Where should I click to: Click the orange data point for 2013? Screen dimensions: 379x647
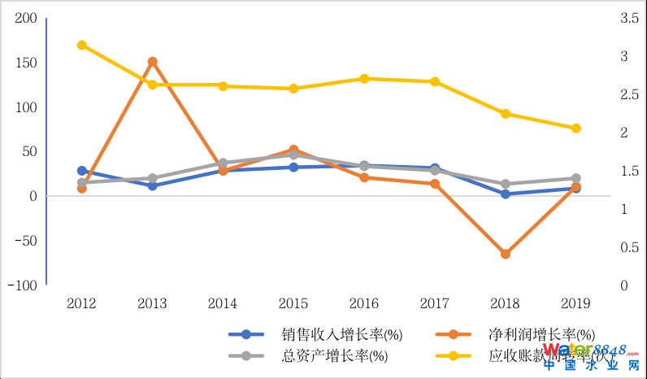152,62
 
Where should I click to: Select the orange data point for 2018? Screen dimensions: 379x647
505,254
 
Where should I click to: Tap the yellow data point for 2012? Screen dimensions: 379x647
82,45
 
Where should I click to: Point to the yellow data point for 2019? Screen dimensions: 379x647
575,128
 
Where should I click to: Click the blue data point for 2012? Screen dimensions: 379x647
82,171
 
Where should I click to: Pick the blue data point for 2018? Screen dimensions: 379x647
505,194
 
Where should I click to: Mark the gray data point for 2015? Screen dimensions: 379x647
293,155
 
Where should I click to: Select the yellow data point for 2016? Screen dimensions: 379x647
364,79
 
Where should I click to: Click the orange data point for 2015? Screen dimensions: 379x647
293,150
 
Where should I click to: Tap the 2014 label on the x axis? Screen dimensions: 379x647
223,304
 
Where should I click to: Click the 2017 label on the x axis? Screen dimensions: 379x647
434,304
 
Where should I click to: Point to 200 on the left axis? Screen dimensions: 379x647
26,18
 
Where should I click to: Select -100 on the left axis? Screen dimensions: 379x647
22,285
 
